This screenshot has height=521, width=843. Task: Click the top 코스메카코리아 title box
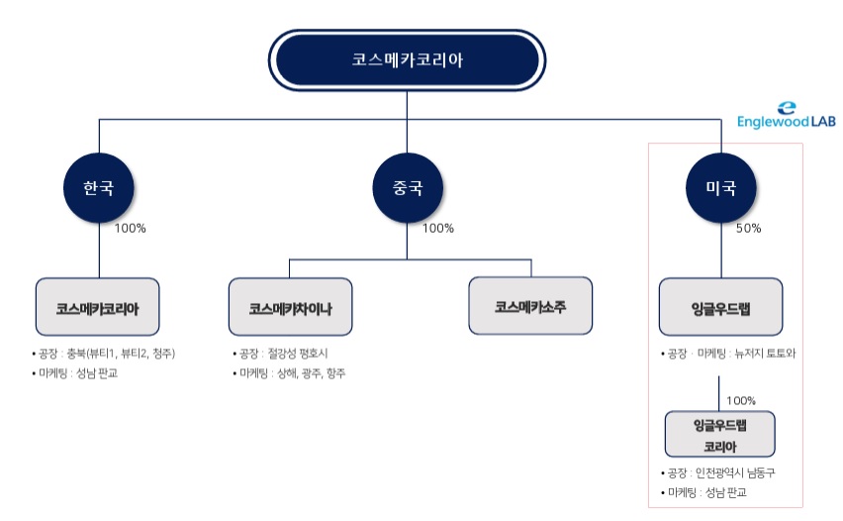407,58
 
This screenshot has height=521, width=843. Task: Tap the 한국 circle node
98,186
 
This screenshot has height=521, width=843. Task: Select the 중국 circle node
406,186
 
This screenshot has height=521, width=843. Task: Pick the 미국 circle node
720,186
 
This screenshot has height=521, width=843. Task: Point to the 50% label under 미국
748,228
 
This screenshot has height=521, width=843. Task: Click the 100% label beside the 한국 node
130,228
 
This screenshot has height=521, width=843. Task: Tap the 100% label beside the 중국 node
437,228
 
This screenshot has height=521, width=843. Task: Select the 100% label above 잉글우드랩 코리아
741,401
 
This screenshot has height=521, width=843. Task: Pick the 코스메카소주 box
530,305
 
